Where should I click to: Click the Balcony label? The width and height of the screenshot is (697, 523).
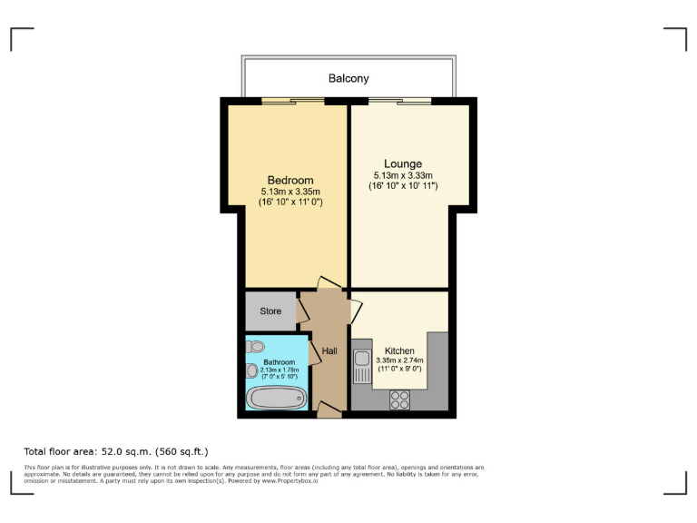348,79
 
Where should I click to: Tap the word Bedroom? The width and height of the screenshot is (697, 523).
290,180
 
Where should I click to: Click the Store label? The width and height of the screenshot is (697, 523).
270,311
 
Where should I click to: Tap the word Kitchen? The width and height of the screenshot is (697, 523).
399,350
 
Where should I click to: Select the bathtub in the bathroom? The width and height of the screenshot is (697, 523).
276,399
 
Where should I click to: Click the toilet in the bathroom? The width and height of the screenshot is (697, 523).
255,345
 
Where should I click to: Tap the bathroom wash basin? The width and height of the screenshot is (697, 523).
251,370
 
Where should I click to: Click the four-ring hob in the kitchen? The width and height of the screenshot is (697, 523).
400,399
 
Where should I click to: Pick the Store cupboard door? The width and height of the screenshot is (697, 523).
303,311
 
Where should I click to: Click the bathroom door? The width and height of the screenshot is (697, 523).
314,352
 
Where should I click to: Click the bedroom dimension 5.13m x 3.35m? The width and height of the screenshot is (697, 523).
290,192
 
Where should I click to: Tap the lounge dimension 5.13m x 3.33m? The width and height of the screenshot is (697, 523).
404,176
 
